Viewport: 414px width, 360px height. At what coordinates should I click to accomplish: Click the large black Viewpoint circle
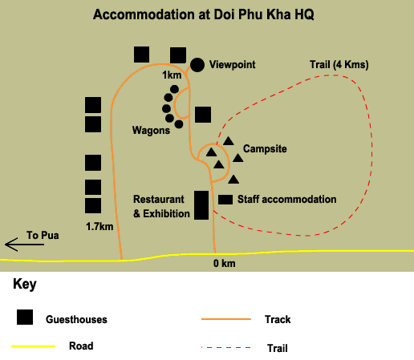tap(197, 65)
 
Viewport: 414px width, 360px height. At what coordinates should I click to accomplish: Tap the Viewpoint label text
tap(233, 65)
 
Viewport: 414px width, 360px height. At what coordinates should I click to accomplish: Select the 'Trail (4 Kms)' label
tap(339, 65)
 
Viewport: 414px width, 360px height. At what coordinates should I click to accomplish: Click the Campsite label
tap(265, 149)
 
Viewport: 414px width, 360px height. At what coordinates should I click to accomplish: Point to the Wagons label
tap(151, 131)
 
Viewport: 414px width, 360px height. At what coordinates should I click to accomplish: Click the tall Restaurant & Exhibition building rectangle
tap(201, 205)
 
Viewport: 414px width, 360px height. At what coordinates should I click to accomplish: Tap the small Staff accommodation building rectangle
tap(225, 200)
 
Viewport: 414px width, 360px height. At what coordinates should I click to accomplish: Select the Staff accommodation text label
tap(287, 200)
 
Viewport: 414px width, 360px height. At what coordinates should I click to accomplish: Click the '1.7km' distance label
tap(99, 227)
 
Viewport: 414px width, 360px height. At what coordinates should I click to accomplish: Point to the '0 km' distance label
tap(225, 264)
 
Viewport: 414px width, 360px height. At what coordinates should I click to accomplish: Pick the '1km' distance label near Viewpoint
tap(172, 75)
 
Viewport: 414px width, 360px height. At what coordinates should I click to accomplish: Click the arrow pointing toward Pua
tap(25, 245)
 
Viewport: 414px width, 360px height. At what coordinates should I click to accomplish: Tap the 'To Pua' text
tap(43, 236)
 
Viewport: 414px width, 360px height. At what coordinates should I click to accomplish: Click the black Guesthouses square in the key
tap(25, 318)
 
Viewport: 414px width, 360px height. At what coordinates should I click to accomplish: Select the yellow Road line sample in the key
tap(34, 346)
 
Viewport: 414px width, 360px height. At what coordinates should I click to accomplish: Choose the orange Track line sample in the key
tap(226, 319)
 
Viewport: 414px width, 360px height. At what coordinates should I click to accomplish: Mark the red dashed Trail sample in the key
tap(226, 348)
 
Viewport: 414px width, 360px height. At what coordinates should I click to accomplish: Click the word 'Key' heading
tap(25, 284)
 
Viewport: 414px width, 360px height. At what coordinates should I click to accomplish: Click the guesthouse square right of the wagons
tap(203, 115)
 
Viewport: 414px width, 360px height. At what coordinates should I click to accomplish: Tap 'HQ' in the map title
tap(304, 14)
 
